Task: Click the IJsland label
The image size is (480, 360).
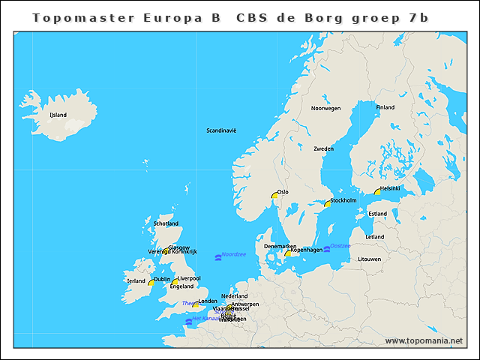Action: [x=58, y=115]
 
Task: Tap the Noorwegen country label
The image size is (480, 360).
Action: [x=325, y=108]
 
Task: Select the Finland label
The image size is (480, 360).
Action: [x=385, y=107]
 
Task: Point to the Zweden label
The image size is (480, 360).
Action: [x=323, y=148]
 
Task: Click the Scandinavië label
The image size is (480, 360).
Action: [x=221, y=130]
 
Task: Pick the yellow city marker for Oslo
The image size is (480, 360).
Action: [x=275, y=196]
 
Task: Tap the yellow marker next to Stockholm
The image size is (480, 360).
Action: [x=327, y=203]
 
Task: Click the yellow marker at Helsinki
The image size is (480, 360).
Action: [x=378, y=192]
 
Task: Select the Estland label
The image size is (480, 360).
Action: [x=378, y=214]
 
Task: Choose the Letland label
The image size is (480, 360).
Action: [x=375, y=237]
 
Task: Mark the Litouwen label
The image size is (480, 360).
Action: [x=370, y=259]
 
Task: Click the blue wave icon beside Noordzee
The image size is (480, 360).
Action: [x=217, y=257]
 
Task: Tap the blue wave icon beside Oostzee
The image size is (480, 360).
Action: [x=327, y=248]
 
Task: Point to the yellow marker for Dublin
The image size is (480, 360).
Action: [x=151, y=282]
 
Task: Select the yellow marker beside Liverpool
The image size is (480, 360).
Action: [x=175, y=282]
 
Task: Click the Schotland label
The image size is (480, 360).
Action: [x=166, y=223]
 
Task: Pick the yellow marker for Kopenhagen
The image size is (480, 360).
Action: [x=287, y=253]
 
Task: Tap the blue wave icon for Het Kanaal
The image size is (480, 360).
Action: [x=188, y=321]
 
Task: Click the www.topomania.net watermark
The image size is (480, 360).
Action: [x=424, y=340]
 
